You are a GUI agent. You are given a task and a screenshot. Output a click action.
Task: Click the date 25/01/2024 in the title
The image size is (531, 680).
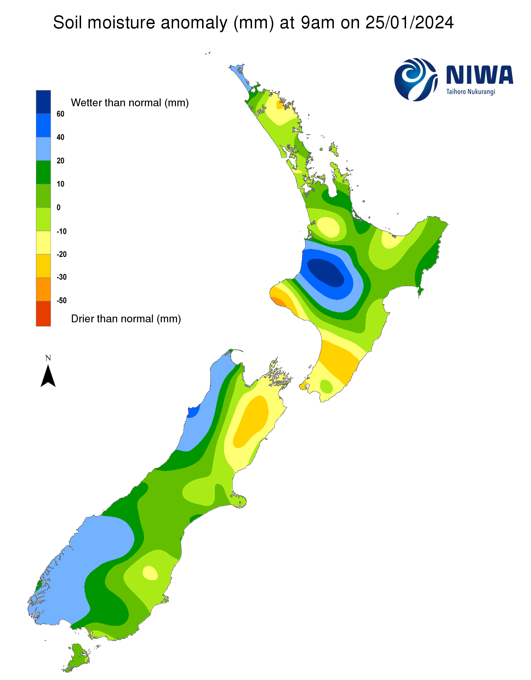click(409, 23)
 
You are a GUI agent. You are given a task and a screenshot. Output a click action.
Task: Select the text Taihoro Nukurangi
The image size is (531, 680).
click(470, 92)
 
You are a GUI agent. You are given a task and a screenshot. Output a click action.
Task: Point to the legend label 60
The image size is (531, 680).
click(61, 114)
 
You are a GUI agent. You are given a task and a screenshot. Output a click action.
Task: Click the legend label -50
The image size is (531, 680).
click(62, 300)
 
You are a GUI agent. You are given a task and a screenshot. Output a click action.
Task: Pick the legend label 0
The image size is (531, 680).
click(59, 208)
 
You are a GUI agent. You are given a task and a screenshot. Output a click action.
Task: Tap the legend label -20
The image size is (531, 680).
click(62, 254)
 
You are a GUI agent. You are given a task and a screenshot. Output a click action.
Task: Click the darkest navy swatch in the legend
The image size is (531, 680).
click(43, 102)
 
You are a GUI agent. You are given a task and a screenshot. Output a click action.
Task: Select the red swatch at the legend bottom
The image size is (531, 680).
click(43, 313)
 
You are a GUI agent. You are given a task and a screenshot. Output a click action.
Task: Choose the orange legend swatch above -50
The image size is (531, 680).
click(43, 289)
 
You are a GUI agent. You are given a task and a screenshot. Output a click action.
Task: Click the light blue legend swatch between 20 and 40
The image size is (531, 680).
click(43, 149)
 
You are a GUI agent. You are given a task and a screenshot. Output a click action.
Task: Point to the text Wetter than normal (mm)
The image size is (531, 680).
click(130, 103)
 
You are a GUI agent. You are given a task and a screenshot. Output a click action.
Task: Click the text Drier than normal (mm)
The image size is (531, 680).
click(126, 319)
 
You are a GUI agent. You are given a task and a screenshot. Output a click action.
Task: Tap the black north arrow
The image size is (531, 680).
click(48, 376)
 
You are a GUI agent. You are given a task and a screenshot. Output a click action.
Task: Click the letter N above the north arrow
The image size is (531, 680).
click(48, 358)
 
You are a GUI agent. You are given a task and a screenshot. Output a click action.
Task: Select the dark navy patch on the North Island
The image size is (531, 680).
click(326, 272)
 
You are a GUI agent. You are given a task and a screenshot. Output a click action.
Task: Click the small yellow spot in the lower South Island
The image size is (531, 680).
click(150, 572)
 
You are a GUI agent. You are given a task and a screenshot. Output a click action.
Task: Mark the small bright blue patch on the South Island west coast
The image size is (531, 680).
click(193, 412)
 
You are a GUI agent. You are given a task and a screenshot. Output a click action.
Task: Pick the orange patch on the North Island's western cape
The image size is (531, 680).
click(278, 301)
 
